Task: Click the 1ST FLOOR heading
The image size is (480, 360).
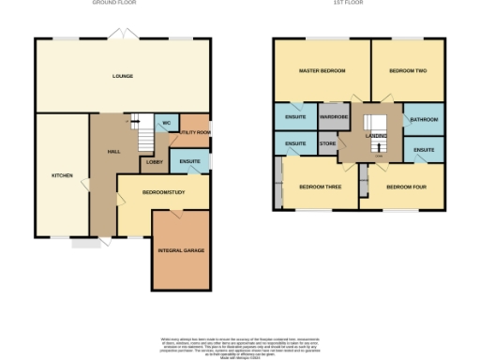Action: tap(357, 4)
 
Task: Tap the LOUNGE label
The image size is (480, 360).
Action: tap(123, 76)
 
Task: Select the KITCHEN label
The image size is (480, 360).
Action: tap(61, 175)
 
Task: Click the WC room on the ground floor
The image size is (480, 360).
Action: tap(165, 124)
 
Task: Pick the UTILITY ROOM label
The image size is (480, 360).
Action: tap(193, 133)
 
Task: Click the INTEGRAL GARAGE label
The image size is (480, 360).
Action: tap(181, 250)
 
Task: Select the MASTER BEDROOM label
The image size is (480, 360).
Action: tap(322, 71)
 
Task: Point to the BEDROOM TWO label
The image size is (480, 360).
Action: tap(408, 71)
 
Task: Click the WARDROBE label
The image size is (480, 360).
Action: tap(334, 117)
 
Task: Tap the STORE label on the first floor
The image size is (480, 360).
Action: tap(327, 143)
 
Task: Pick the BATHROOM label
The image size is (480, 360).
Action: tap(424, 120)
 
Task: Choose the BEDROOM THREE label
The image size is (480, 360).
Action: tap(319, 186)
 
